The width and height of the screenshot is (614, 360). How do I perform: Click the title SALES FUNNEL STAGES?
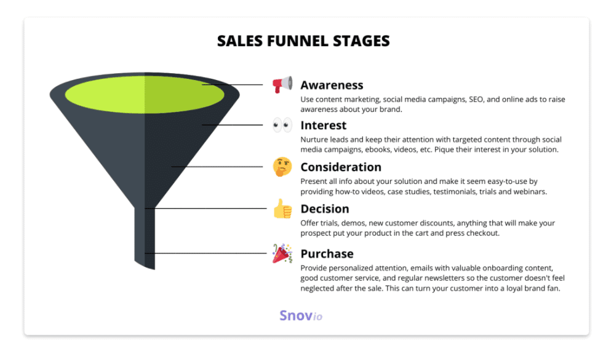[303, 41]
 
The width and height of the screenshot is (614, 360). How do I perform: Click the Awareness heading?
[332, 85]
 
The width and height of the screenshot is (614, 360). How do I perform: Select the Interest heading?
[324, 126]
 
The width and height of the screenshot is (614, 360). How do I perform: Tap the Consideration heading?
[341, 167]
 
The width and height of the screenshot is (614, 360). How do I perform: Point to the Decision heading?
[325, 209]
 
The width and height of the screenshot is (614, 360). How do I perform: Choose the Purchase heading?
[327, 254]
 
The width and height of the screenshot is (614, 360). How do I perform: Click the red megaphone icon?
[282, 84]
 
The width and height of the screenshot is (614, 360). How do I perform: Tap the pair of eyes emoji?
[282, 126]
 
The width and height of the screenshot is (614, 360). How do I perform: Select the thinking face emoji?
[282, 167]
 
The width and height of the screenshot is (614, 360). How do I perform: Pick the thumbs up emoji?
[282, 209]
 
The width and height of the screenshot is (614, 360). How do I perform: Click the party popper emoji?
[282, 254]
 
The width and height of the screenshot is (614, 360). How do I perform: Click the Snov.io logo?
[301, 315]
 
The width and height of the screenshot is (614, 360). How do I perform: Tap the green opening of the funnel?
[145, 94]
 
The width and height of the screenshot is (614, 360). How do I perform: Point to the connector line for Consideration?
[217, 167]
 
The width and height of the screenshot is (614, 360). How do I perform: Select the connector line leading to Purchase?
[206, 254]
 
